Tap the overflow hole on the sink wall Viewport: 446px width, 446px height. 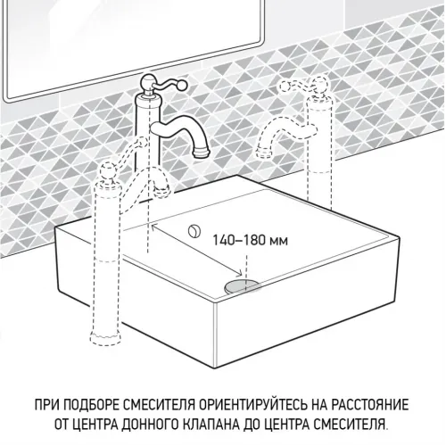(193, 232)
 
